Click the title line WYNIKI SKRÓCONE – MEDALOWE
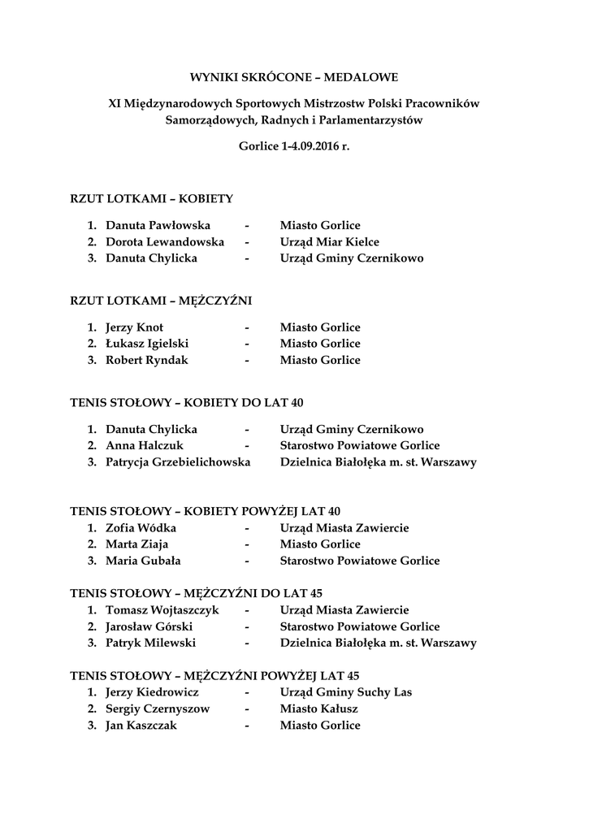pos(294,78)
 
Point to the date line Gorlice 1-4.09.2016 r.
pos(294,147)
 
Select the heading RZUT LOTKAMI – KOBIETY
pos(152,198)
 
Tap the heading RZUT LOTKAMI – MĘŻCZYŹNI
pos(162,301)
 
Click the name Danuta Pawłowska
pos(158,225)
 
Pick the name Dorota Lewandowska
pos(165,242)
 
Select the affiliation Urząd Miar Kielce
pos(329,242)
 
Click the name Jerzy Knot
pos(134,327)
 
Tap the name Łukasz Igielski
pos(147,344)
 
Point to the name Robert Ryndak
pos(146,360)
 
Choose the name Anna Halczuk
pos(145,445)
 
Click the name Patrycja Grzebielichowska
pos(178,462)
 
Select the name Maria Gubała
pos(143,561)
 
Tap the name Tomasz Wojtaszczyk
pos(162,610)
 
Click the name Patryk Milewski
pos(150,643)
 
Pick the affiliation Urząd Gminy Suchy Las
pos(345,692)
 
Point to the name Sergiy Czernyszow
pos(158,708)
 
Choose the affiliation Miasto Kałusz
pos(318,708)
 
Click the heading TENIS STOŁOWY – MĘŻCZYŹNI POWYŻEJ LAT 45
pos(214,675)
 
